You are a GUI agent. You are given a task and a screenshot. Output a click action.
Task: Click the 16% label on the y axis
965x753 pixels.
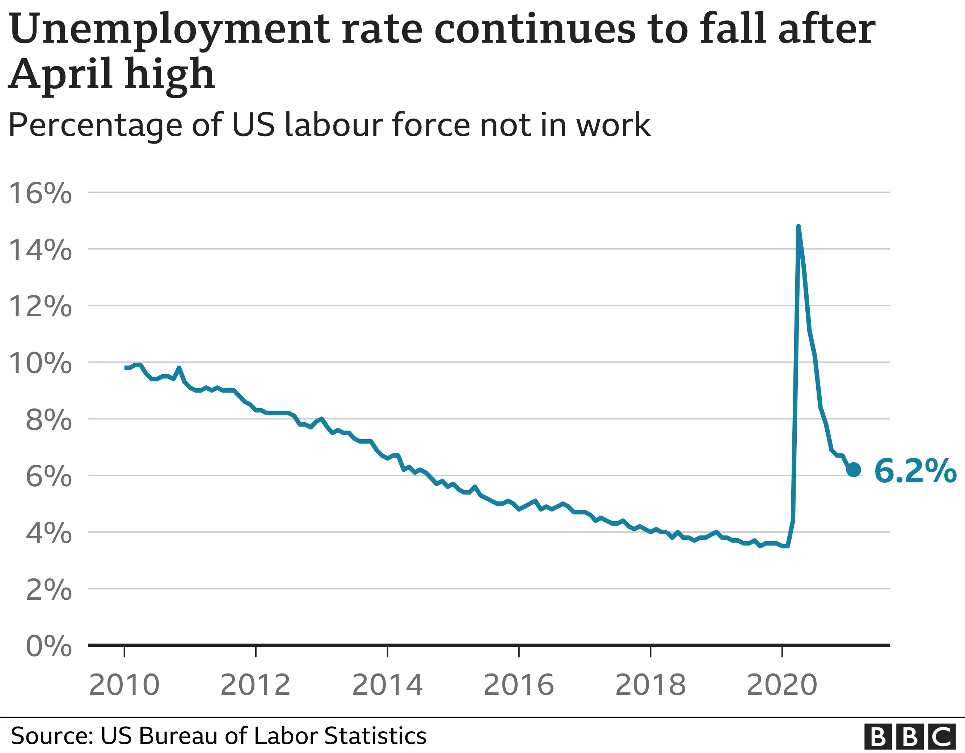(40, 193)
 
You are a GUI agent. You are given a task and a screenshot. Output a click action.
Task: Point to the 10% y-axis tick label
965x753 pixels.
(40, 363)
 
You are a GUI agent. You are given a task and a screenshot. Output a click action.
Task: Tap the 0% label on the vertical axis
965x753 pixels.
(49, 647)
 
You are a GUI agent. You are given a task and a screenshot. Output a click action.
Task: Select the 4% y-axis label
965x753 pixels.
(49, 533)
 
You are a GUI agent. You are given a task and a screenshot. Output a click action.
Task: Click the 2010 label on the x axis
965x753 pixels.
(124, 685)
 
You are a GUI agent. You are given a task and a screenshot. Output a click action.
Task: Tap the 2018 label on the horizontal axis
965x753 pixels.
(650, 685)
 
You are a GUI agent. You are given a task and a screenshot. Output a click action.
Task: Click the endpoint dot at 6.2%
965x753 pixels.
(853, 470)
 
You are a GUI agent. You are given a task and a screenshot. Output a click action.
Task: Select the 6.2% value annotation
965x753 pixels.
(915, 471)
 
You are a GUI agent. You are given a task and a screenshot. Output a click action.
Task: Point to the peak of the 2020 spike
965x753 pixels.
(798, 227)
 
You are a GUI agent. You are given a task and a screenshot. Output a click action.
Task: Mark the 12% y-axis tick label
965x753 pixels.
(40, 306)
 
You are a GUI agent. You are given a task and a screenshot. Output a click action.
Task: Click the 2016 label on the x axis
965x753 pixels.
(519, 685)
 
